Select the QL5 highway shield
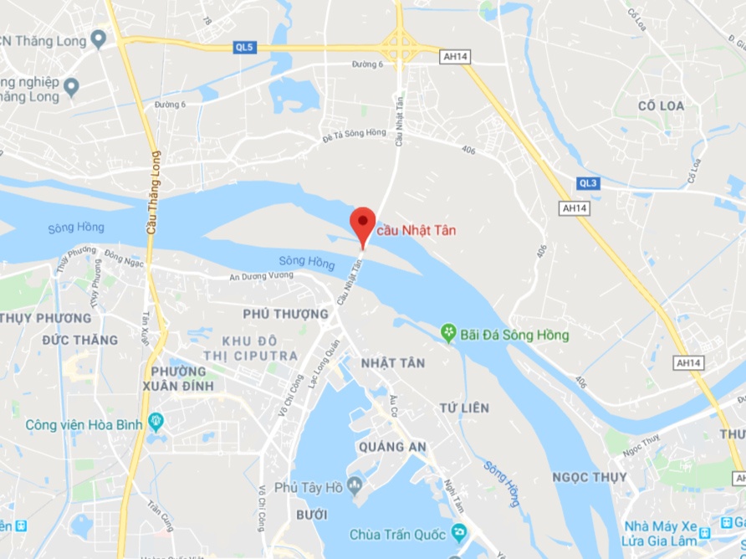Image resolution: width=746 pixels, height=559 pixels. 243,48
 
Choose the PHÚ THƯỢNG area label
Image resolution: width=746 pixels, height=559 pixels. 284,315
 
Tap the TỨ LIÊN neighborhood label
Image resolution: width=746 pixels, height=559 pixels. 463,408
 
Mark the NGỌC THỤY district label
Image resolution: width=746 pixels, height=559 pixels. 584,477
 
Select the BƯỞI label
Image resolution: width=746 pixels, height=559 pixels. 311,514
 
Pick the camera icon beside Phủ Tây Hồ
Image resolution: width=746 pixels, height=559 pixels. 355,484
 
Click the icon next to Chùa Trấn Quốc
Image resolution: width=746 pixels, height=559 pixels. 458,532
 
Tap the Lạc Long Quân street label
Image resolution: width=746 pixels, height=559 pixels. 325,361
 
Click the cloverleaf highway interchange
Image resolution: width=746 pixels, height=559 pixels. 401,44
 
